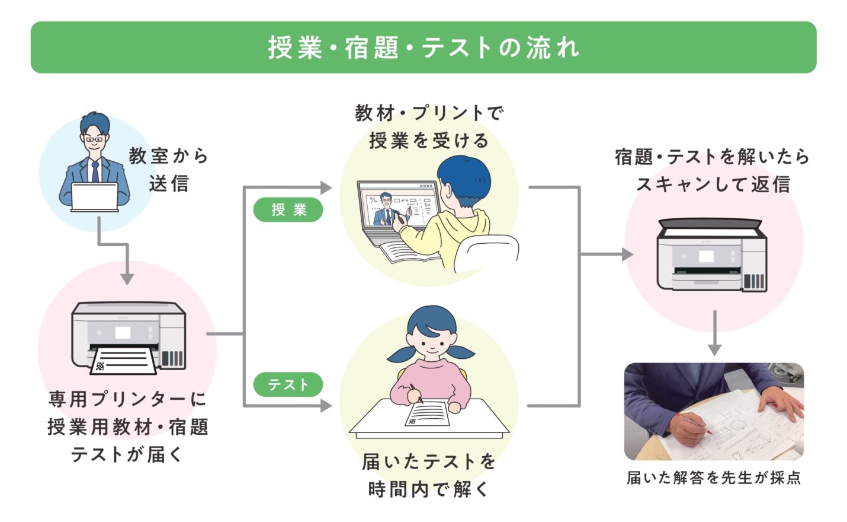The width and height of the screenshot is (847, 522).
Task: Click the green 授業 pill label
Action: coord(288,209)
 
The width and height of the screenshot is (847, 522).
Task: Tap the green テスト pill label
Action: coord(288,384)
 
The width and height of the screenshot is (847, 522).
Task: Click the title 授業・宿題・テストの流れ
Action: coord(423,47)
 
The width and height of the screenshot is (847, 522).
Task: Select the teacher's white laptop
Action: coord(95,196)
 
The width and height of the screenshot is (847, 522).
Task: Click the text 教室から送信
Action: coord(169,170)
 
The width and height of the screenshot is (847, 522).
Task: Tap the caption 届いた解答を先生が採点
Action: coord(713,478)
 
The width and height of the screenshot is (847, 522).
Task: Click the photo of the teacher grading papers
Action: coord(714,412)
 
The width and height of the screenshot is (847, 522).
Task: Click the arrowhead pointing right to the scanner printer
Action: coord(627,254)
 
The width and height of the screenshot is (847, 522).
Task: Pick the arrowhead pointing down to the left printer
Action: coord(127,278)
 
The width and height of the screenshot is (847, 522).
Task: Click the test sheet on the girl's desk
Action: coord(427,413)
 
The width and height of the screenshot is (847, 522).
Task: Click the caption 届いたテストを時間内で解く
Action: coord(428,475)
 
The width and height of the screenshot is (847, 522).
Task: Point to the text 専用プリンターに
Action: coord(127,399)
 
